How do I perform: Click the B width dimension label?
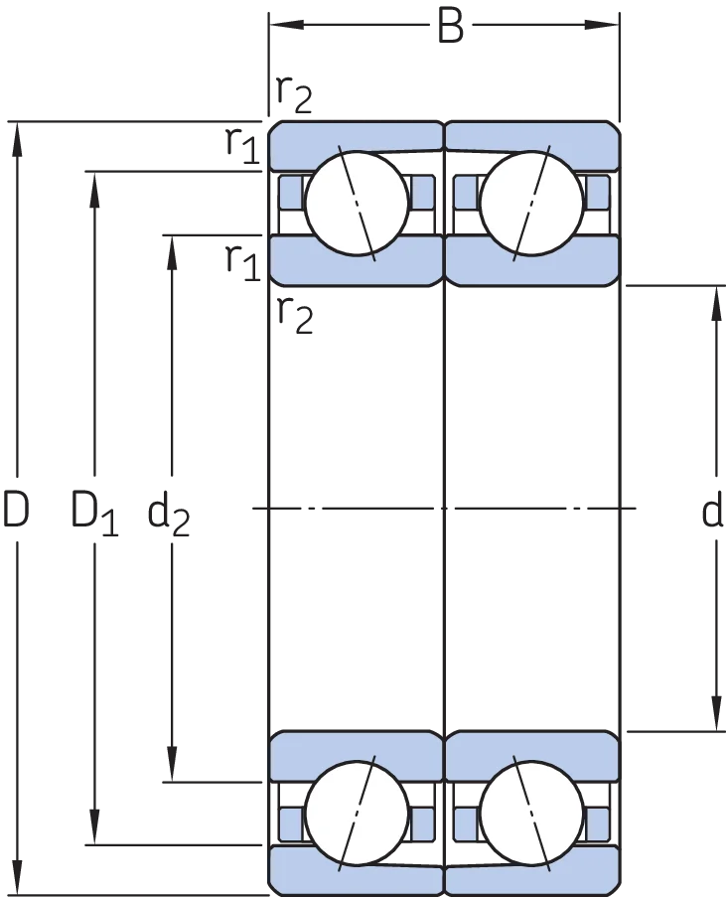pos(450,26)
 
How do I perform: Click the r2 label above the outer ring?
pos(294,95)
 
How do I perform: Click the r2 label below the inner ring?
pos(295,316)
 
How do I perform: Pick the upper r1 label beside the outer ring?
pos(242,145)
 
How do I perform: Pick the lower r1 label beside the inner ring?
pos(242,262)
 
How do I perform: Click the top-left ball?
pos(357,203)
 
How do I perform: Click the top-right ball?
pos(532,203)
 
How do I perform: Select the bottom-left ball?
pos(357,813)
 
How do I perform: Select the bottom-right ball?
pos(532,813)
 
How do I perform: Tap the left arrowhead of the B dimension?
pos(286,25)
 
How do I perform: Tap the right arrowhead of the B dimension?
pos(602,25)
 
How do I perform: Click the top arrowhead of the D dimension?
pos(17,139)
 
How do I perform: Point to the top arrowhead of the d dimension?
pos(716,303)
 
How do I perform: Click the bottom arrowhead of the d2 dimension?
pos(172,764)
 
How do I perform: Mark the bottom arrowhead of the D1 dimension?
pos(94,827)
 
